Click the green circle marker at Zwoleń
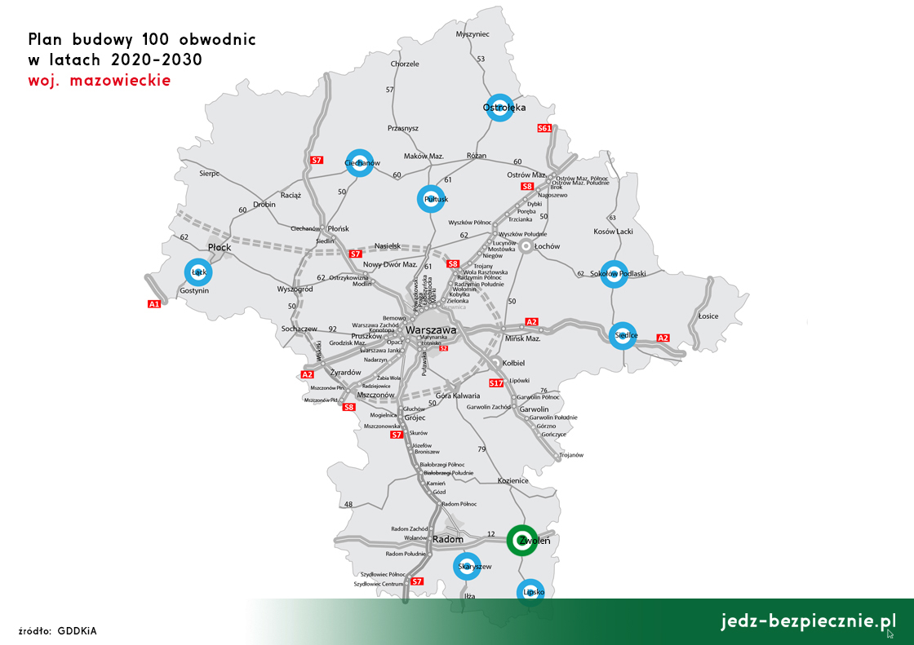[x=521, y=540]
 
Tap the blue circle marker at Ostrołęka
[x=499, y=108]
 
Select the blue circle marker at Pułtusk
[x=432, y=200]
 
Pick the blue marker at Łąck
[x=197, y=272]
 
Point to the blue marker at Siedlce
[x=623, y=335]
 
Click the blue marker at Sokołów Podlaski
[x=613, y=274]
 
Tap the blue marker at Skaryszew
[x=467, y=566]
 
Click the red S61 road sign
[x=545, y=128]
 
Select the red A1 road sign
[x=153, y=304]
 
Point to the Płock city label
[x=220, y=246]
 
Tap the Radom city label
[x=447, y=539]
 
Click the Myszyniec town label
[x=473, y=34]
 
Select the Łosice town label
[x=708, y=316]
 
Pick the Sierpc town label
[x=210, y=173]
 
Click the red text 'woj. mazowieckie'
[x=99, y=81]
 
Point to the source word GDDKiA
[x=78, y=630]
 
